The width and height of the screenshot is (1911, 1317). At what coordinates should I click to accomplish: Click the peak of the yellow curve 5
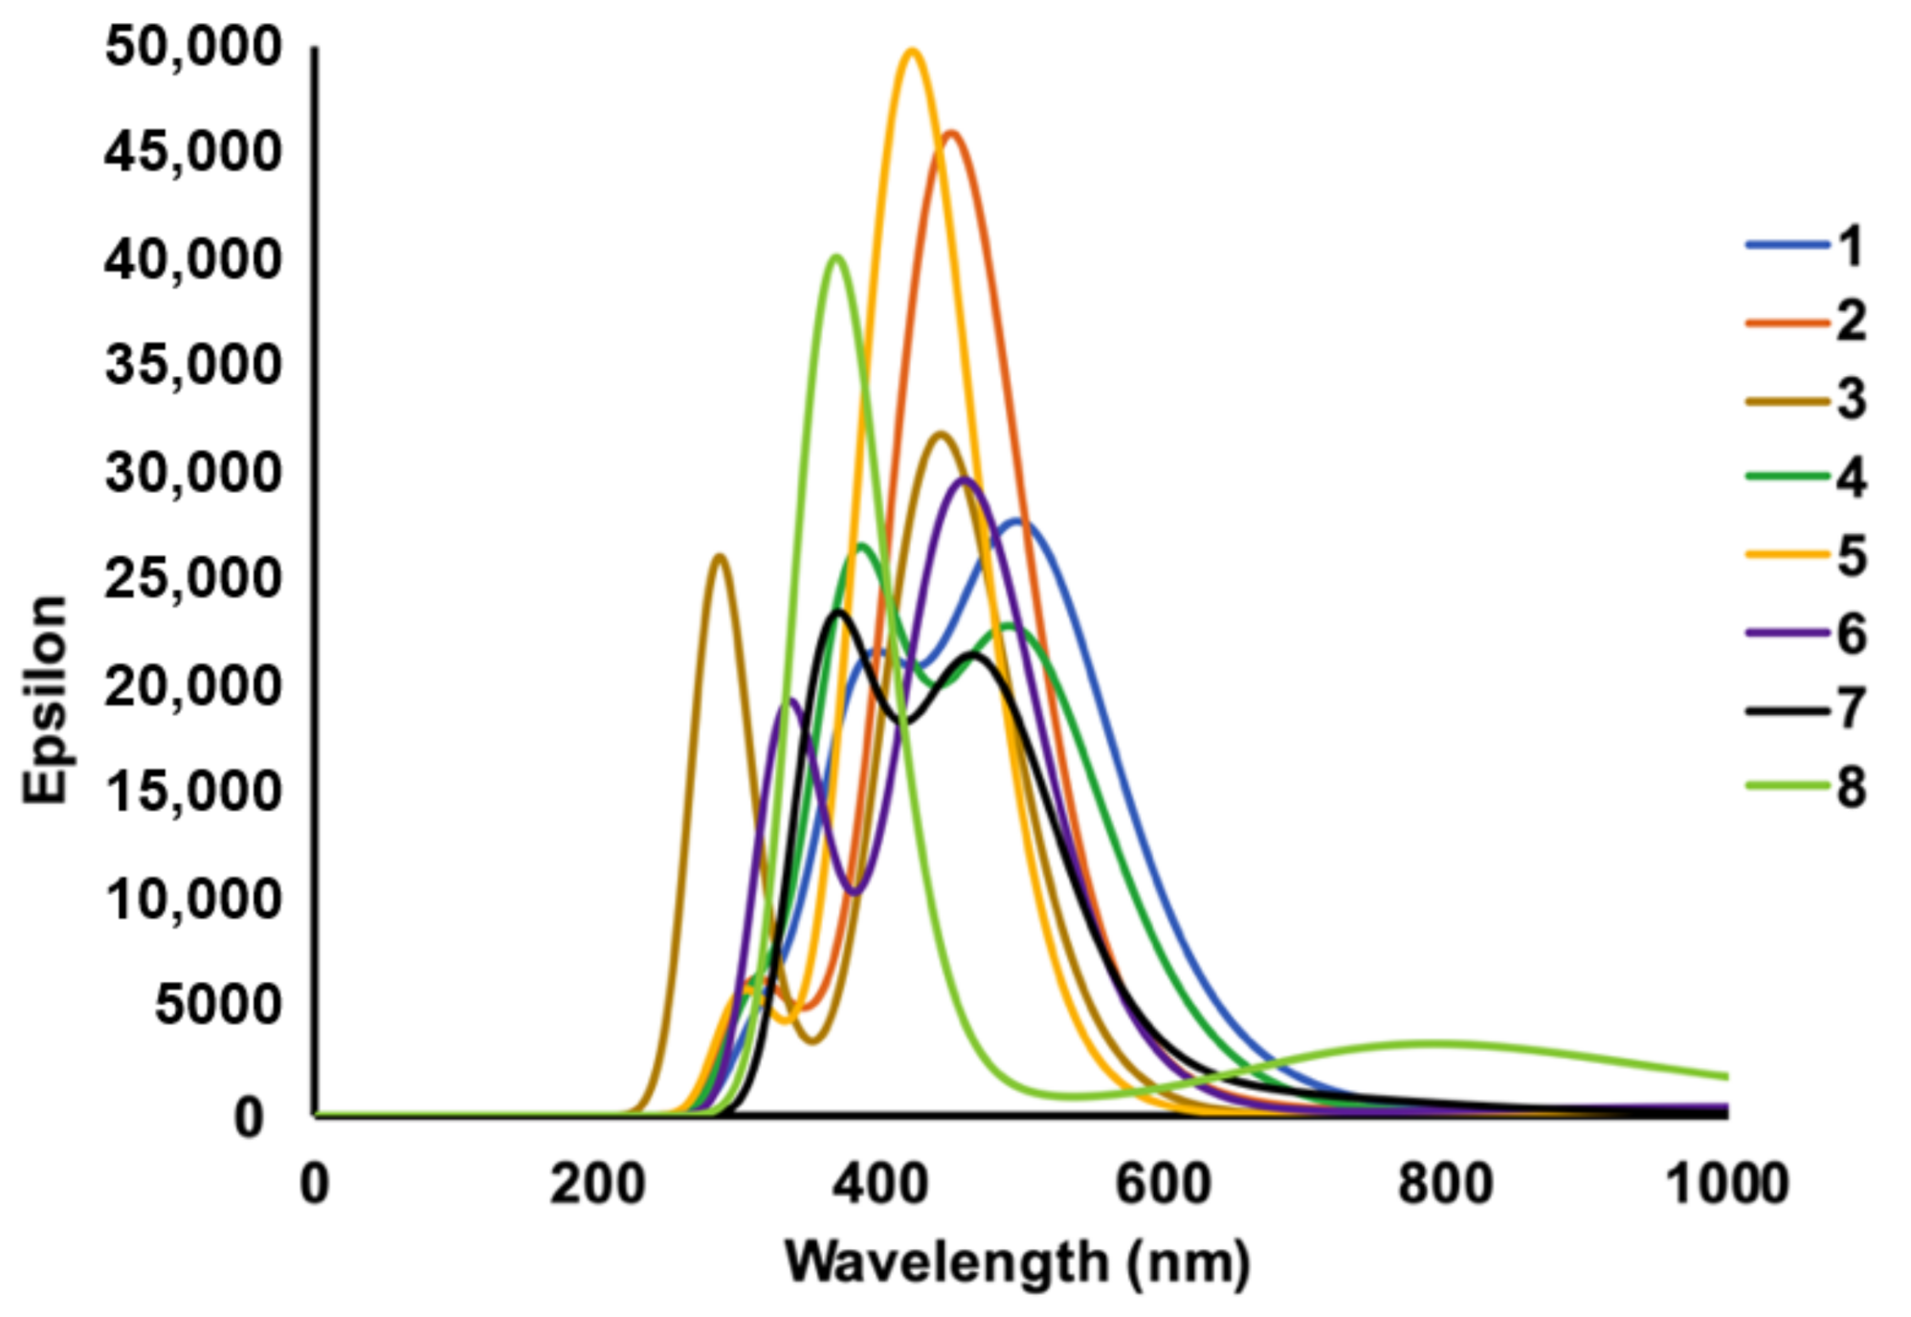(912, 52)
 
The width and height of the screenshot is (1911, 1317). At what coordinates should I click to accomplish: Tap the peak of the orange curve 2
(950, 134)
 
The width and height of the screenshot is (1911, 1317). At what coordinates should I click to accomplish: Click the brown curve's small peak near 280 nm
(720, 556)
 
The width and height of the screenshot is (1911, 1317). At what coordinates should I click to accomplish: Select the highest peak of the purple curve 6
(965, 480)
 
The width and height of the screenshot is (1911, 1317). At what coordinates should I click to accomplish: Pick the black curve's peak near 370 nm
(838, 612)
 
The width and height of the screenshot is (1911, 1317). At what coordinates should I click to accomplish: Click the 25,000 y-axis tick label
(193, 578)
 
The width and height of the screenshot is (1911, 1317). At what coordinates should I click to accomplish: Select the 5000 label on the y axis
(218, 1005)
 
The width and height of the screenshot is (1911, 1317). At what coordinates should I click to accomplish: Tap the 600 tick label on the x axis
(1163, 1184)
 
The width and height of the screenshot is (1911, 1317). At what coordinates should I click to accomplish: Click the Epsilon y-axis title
(46, 700)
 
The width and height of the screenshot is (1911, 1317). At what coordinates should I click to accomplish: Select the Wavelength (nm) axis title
(1017, 1262)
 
